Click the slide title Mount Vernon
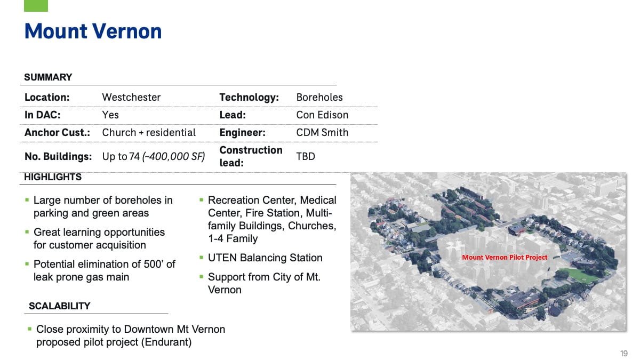pos(93,31)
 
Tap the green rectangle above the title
pos(36,6)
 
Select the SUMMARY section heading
pos(48,77)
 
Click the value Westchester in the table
pos(131,98)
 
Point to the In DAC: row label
pos(43,115)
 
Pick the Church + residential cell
pos(149,132)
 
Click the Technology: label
pos(249,98)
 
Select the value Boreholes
pos(319,98)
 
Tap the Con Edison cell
pos(322,115)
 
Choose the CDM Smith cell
pos(322,132)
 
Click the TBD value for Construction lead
pos(306,156)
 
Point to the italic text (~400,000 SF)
pos(174,157)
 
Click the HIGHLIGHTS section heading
pos(53,177)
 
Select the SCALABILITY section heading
pos(59,306)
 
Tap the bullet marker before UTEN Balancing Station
pos(201,258)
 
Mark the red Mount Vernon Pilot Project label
pos(505,257)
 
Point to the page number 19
pos(623,354)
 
